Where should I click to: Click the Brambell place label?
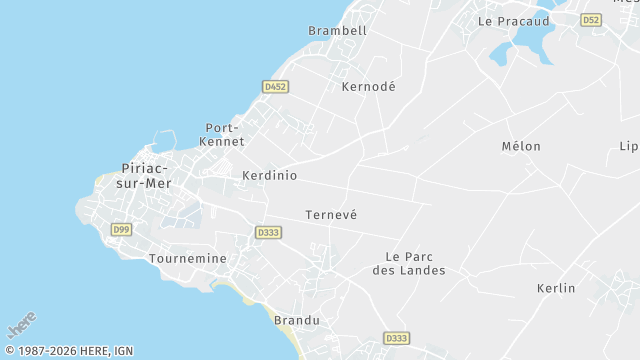(337, 31)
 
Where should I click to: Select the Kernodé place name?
(368, 87)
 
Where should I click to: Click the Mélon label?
(520, 147)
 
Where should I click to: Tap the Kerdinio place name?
(269, 175)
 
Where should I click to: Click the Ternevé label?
(330, 215)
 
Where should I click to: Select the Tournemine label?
(187, 258)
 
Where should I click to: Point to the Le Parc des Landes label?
(408, 263)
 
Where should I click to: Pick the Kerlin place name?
(555, 288)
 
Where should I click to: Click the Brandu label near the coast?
(296, 320)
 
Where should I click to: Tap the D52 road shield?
(591, 20)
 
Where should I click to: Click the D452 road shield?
(275, 87)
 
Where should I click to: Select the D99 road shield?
(121, 230)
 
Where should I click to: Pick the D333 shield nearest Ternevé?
(267, 232)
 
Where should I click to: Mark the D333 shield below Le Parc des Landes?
(396, 338)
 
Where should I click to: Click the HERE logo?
(22, 325)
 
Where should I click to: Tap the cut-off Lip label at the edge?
(628, 147)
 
